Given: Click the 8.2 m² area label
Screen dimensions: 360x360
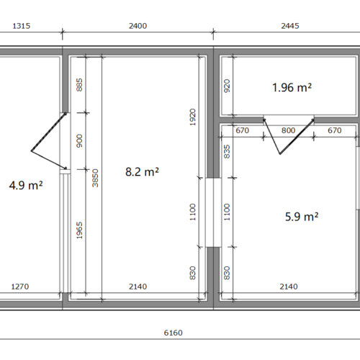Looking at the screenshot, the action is click(142, 172).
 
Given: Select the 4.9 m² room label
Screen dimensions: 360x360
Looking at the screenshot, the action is click(26, 185).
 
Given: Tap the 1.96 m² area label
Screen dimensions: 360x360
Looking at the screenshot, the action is click(292, 87).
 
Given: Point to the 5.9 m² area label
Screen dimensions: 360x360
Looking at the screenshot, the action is click(302, 217).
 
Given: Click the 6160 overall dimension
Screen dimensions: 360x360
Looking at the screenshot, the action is click(173, 333).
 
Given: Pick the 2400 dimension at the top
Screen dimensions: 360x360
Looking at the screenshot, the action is click(138, 26).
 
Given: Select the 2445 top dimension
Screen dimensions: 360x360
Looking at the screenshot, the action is click(290, 26).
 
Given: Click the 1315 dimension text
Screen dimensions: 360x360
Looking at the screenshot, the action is click(22, 26).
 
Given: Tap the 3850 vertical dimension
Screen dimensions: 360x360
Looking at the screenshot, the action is click(95, 178).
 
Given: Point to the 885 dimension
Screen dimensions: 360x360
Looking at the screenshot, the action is click(79, 85).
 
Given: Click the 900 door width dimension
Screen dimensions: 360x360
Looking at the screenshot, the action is click(79, 141).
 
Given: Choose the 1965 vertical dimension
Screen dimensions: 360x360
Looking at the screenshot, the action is click(79, 230).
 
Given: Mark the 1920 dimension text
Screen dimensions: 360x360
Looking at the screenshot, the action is click(193, 117).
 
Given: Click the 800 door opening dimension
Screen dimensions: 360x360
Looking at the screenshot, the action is click(288, 130).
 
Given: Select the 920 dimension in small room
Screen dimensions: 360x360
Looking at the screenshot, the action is click(227, 86).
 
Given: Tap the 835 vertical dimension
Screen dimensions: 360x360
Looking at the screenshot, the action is click(227, 152).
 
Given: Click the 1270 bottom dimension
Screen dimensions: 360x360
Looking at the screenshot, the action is click(20, 287).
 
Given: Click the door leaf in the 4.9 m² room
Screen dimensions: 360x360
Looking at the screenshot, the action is click(48, 132).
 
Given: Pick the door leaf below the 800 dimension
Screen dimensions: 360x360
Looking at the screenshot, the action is click(297, 137).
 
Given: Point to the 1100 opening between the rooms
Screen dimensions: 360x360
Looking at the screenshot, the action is click(213, 212).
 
